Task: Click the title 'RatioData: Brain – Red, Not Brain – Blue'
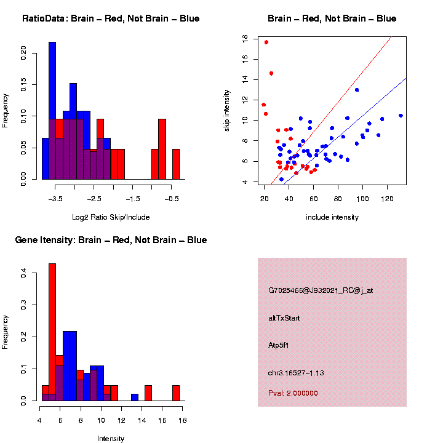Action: pos(111,19)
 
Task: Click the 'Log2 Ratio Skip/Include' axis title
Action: pos(111,217)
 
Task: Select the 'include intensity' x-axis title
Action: pos(332,217)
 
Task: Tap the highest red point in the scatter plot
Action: pos(266,42)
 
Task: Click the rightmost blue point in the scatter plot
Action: pos(401,116)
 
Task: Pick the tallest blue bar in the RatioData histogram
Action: pos(52,111)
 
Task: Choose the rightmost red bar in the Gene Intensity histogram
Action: pos(176,393)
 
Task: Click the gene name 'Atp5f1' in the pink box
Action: pos(279,346)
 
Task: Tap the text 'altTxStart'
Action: pos(284,318)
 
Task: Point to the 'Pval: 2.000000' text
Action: pos(293,393)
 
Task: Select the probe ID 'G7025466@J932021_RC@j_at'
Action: pos(321,290)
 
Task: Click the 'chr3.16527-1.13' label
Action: pos(296,373)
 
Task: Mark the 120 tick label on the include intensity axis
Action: pos(387,198)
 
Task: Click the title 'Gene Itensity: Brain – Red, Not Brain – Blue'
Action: pos(111,240)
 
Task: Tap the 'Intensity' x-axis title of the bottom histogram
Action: pos(111,439)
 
